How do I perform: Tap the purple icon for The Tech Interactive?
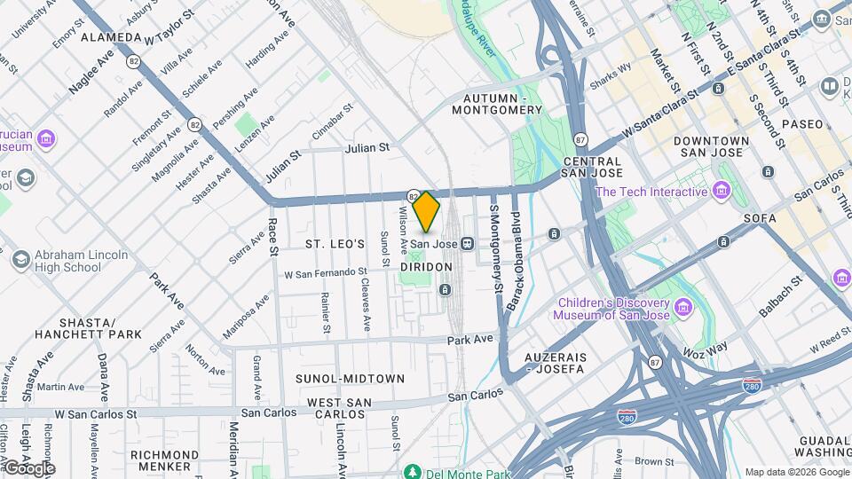721,192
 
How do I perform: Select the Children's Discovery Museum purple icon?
682,308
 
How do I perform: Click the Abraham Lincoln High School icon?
20,261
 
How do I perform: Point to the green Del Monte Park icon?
411,471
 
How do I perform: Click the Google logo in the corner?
28,467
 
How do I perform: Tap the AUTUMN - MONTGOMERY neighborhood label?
496,104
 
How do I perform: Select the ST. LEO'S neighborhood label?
335,243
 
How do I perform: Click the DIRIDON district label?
426,266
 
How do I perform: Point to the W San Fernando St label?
326,273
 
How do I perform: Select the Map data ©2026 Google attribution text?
796,471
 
